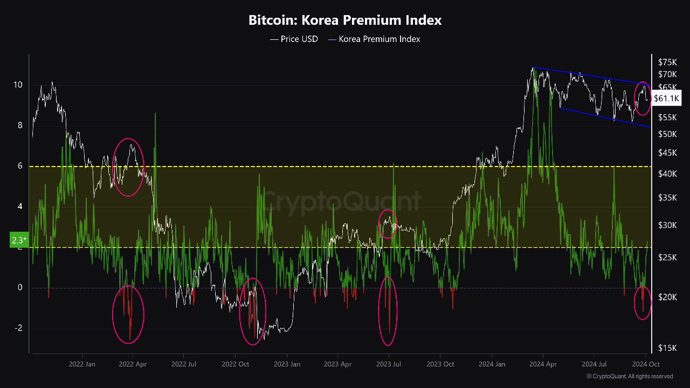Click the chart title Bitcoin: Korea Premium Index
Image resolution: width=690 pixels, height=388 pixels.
[345, 20]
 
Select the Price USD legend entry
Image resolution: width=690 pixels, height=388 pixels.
[294, 39]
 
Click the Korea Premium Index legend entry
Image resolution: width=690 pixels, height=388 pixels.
[374, 39]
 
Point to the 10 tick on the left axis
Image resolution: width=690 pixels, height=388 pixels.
[18, 85]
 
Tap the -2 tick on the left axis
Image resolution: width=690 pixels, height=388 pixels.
[18, 328]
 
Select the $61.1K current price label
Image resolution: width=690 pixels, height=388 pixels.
[666, 98]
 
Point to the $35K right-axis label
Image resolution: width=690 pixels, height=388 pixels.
[667, 198]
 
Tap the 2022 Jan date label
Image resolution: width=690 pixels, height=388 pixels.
[82, 364]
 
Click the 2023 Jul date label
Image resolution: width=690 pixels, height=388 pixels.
[388, 364]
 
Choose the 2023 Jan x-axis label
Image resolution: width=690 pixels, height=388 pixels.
[287, 364]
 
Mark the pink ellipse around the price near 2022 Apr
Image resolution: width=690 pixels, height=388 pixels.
[128, 167]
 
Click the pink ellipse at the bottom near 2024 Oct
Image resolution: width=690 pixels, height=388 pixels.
[643, 302]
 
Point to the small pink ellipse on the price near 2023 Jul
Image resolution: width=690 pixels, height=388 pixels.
[388, 224]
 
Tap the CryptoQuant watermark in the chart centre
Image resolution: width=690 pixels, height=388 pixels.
[342, 202]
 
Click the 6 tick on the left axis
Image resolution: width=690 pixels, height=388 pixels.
[20, 166]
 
